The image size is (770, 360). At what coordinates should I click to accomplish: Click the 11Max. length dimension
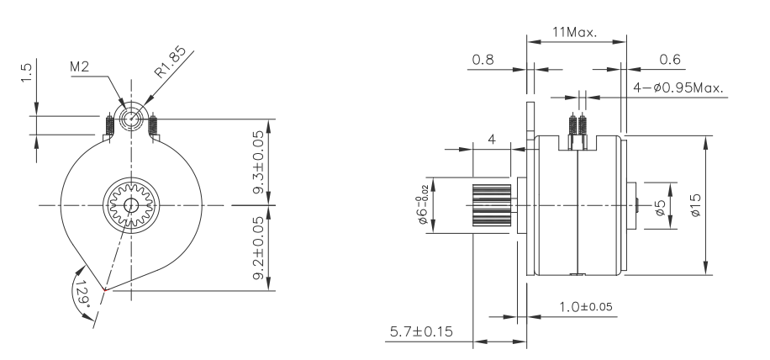(573, 34)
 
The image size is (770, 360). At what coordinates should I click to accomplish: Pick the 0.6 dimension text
(670, 60)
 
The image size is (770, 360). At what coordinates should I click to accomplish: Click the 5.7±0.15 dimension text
(420, 331)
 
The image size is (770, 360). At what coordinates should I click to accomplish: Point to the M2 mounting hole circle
(130, 119)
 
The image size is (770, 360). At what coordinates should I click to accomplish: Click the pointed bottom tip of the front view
(104, 290)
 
